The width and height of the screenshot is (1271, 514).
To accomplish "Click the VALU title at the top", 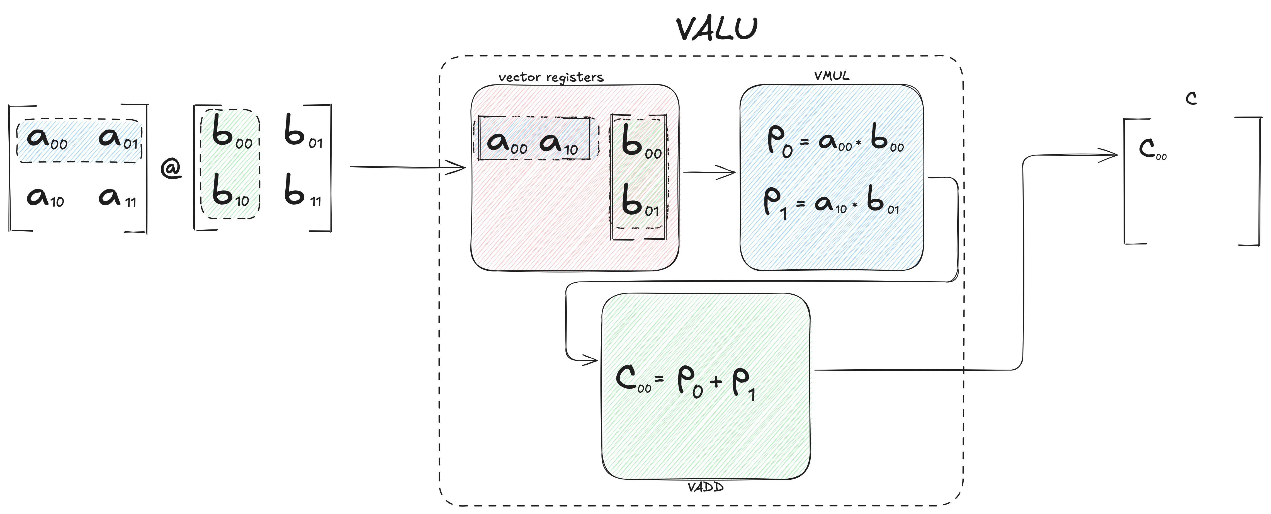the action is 716,29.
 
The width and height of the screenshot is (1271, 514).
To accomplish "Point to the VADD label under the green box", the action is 706,487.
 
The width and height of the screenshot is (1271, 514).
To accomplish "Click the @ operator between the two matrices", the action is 171,169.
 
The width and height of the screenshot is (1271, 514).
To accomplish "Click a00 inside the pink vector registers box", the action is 507,143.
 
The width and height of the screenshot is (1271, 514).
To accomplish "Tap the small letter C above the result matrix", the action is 1191,99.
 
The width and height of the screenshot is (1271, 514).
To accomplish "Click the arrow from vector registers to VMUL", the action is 709,172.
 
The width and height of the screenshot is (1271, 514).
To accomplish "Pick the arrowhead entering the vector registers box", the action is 455,167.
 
